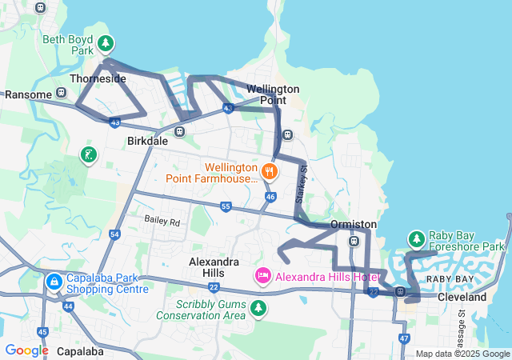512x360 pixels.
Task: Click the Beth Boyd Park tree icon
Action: click(x=105, y=42)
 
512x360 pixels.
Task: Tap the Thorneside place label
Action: click(x=98, y=79)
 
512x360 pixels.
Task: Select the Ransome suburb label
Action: click(x=28, y=94)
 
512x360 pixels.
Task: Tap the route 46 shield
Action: click(x=270, y=196)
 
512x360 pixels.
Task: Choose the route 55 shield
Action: click(x=226, y=207)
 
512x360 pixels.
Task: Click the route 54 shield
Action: click(x=115, y=234)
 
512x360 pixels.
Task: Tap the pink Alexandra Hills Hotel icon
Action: click(x=262, y=276)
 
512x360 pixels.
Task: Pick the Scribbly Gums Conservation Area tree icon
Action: click(x=258, y=307)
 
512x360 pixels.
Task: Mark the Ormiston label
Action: click(x=354, y=224)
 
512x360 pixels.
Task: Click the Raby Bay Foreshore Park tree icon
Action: click(x=416, y=239)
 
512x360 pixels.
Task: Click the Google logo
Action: click(x=26, y=350)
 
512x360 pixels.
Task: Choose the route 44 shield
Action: click(x=67, y=306)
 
